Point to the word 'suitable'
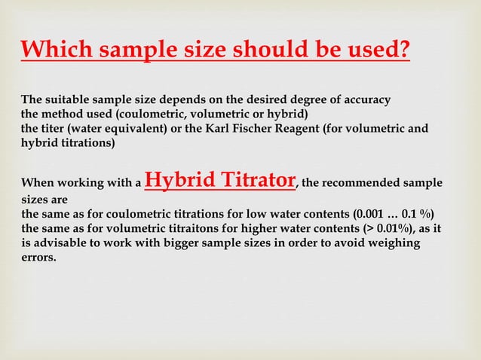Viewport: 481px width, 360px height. coord(72,100)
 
